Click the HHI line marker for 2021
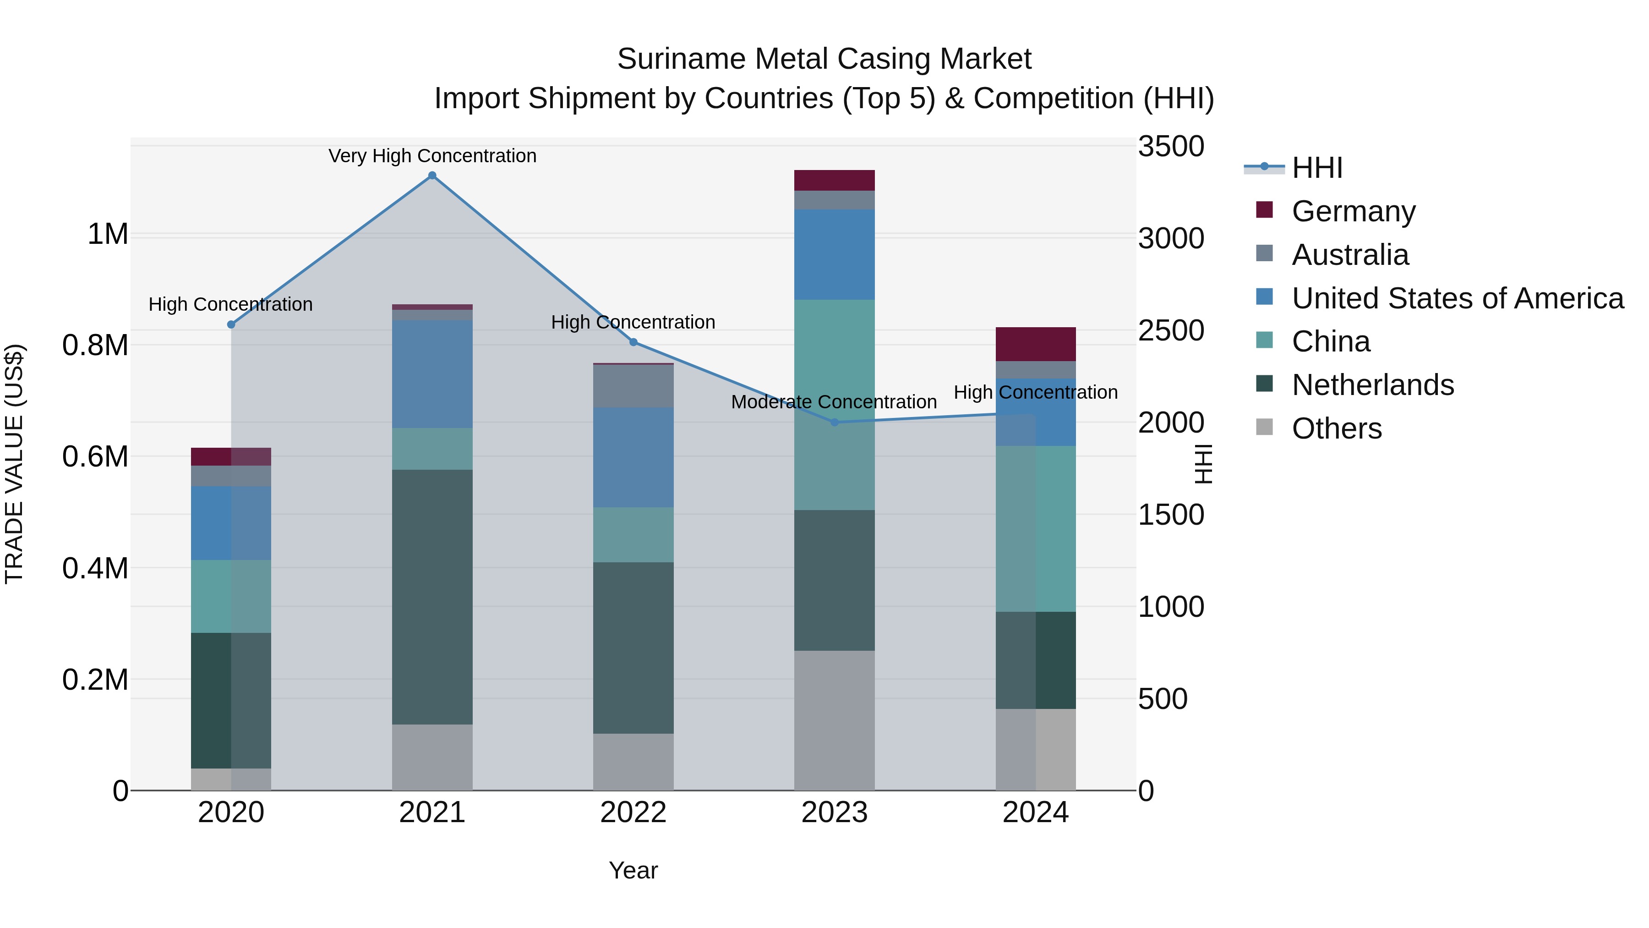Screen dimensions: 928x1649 click(432, 176)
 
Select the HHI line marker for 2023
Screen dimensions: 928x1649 click(834, 423)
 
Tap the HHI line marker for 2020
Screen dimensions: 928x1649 click(231, 325)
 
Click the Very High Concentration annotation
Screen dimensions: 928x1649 click(432, 156)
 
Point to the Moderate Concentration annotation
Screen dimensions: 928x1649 click(834, 402)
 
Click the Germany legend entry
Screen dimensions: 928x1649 click(1353, 211)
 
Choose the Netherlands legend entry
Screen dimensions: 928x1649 click(1372, 385)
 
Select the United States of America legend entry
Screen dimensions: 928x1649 click(1457, 298)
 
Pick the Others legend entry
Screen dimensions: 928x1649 click(1337, 428)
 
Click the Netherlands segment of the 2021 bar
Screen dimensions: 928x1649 click(432, 597)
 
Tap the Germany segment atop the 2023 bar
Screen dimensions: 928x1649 click(834, 181)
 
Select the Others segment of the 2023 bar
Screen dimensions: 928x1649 click(834, 720)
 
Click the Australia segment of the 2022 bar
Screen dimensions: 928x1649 click(633, 386)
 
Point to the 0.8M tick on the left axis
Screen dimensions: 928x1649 click(95, 346)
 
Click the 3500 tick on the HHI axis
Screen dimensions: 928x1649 click(1171, 147)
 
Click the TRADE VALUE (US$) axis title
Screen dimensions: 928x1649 click(15, 464)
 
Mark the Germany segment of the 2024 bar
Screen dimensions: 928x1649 click(1035, 345)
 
